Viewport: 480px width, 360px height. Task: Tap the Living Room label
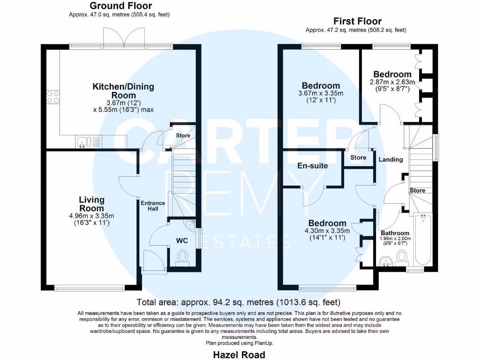click(91, 204)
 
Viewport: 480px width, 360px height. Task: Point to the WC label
click(182, 240)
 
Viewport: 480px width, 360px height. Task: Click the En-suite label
click(313, 166)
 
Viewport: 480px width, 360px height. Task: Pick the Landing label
click(390, 159)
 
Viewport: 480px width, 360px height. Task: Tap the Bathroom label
click(395, 233)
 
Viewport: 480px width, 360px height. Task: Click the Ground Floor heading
click(120, 6)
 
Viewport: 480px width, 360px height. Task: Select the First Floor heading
click(357, 21)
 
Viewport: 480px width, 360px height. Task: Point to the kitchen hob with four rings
click(52, 96)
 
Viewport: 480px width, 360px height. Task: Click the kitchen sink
click(83, 141)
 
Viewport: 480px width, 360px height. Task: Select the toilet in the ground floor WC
click(183, 257)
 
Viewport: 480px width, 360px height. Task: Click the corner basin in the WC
click(190, 225)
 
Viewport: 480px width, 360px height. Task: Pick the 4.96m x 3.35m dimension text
click(91, 216)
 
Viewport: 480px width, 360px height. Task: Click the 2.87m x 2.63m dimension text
click(393, 82)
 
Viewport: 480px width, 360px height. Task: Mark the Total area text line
click(238, 302)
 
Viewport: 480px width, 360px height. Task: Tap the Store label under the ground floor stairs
click(183, 135)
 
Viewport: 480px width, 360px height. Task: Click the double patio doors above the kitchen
click(124, 37)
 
